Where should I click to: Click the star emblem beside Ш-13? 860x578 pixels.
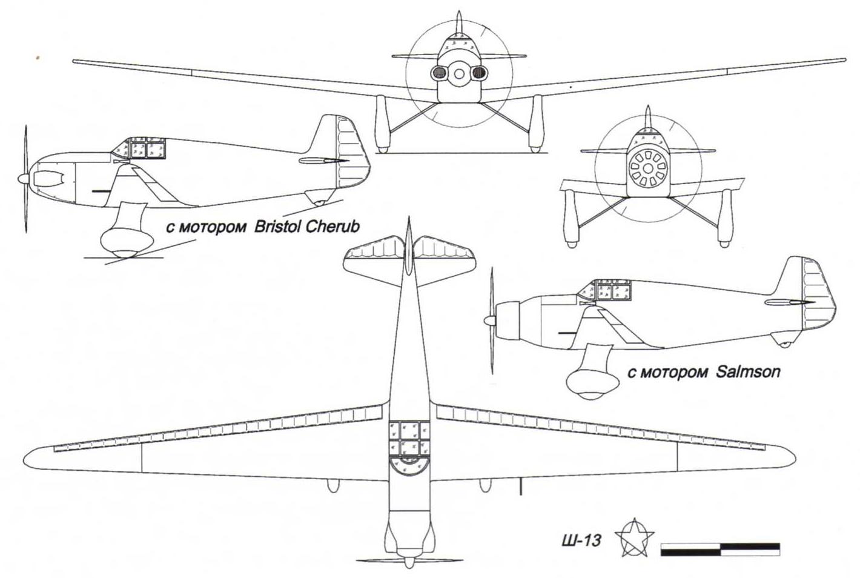pyautogui.click(x=634, y=537)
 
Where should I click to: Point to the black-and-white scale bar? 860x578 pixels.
pyautogui.click(x=720, y=549)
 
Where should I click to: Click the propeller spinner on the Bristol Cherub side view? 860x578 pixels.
pyautogui.click(x=22, y=179)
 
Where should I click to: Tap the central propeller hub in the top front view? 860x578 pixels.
pyautogui.click(x=459, y=73)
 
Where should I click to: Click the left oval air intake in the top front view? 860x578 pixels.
pyautogui.click(x=438, y=73)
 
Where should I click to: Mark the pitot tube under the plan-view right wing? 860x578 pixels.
pyautogui.click(x=520, y=487)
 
